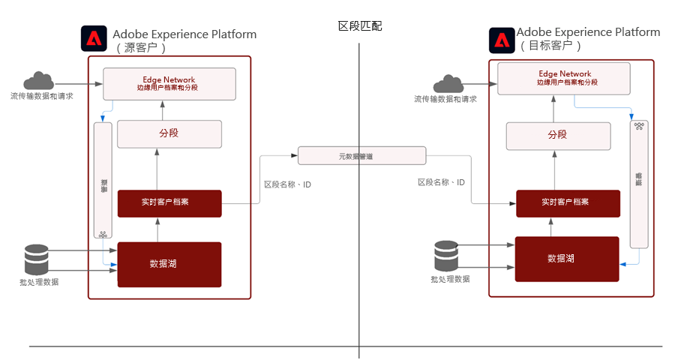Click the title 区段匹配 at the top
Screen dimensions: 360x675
point(360,26)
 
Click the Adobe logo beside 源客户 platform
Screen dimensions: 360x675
point(94,38)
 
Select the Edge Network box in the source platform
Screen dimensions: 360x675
point(169,83)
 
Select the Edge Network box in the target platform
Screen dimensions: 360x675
point(565,78)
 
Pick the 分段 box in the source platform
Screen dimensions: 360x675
point(169,133)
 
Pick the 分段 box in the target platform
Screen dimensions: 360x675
point(557,135)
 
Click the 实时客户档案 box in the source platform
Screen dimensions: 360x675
point(169,202)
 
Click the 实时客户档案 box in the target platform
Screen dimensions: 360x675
point(568,202)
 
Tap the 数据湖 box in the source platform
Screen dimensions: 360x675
point(169,264)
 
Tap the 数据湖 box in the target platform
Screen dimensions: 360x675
point(566,259)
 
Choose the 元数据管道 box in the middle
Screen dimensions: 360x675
point(361,156)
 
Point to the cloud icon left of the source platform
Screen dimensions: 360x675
point(38,80)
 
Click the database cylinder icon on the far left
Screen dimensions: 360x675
point(36,259)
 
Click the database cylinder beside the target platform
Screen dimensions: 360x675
point(445,256)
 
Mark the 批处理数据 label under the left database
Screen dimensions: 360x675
point(39,282)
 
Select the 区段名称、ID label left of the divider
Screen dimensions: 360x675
point(287,183)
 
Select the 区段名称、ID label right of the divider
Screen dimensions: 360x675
point(441,182)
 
